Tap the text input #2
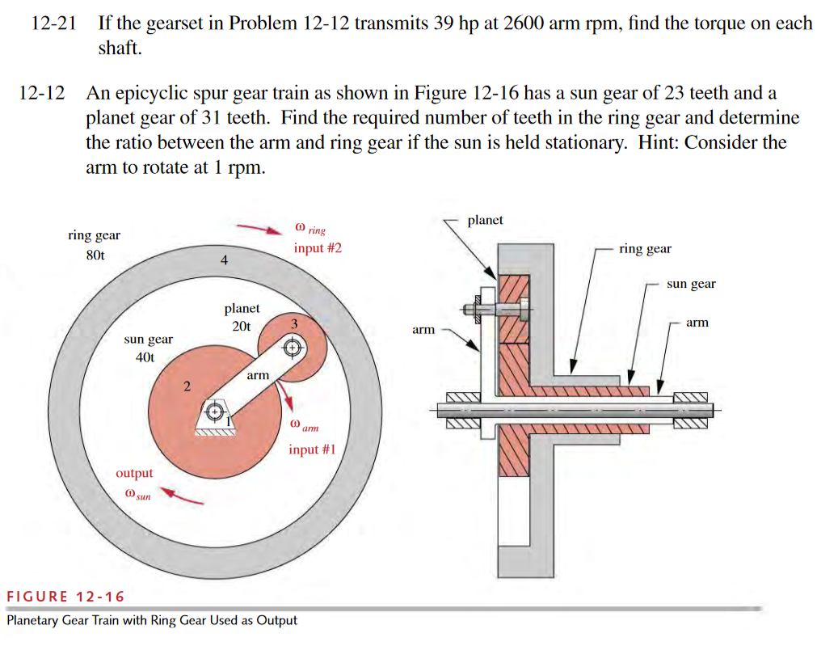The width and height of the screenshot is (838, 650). (318, 248)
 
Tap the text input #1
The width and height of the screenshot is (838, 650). (311, 449)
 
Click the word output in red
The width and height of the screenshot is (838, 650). (134, 473)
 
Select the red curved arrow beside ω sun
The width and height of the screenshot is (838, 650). (181, 495)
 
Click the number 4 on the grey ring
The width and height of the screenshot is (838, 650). (224, 260)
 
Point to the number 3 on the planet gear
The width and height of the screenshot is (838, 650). (294, 323)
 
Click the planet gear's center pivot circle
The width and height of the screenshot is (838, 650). (293, 348)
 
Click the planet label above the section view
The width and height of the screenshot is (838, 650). (485, 220)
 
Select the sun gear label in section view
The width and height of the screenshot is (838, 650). (691, 284)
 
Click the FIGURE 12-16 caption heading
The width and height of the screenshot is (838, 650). (65, 597)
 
